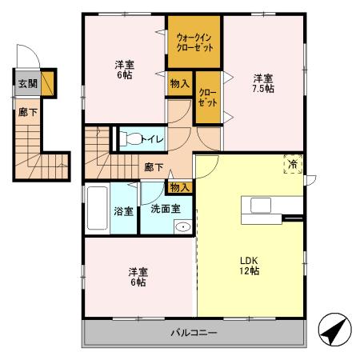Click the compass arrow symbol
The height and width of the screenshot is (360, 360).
[x=335, y=330]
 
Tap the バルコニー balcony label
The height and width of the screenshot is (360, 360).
[x=194, y=333]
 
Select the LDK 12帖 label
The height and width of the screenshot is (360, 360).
[x=250, y=266]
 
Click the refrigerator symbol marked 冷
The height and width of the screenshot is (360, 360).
[x=293, y=164]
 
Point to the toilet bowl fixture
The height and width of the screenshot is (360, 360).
[x=130, y=139]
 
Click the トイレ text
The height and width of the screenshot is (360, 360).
[x=152, y=139]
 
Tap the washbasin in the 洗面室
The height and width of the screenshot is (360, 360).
[x=183, y=227]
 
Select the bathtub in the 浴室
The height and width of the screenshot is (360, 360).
[x=98, y=208]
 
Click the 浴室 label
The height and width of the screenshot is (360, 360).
[x=123, y=211]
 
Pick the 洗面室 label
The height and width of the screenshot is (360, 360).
[x=166, y=209]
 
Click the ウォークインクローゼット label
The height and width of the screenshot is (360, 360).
[x=195, y=42]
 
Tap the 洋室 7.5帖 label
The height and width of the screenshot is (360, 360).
[x=263, y=83]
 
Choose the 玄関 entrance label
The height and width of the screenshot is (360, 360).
[x=28, y=84]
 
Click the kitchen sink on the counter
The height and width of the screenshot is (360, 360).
[x=261, y=206]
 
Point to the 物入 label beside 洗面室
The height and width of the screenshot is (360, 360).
[x=180, y=188]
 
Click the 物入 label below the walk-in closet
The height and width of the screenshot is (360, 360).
[x=180, y=84]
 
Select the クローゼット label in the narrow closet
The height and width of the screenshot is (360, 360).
[x=208, y=98]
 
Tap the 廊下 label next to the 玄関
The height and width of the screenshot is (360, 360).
[x=28, y=112]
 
